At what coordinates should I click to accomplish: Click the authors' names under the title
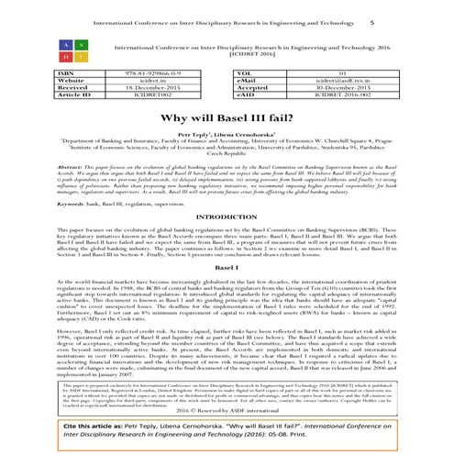click(227, 133)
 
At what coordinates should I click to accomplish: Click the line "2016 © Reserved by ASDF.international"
click(227, 393)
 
